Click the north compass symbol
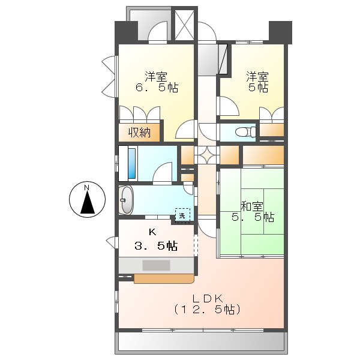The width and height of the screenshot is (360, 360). click(x=87, y=200)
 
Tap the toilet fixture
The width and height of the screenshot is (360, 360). click(x=245, y=132)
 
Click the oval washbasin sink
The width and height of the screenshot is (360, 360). click(x=127, y=200)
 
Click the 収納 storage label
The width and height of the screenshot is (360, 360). click(x=139, y=133)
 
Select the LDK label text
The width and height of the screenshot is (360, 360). click(x=208, y=298)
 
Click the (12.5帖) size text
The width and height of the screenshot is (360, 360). click(x=208, y=310)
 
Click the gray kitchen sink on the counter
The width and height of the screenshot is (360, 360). click(x=156, y=265)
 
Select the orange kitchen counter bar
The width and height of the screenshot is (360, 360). click(x=164, y=278)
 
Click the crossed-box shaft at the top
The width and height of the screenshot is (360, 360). click(x=184, y=25)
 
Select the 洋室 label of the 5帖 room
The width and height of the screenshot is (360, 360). click(x=257, y=76)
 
